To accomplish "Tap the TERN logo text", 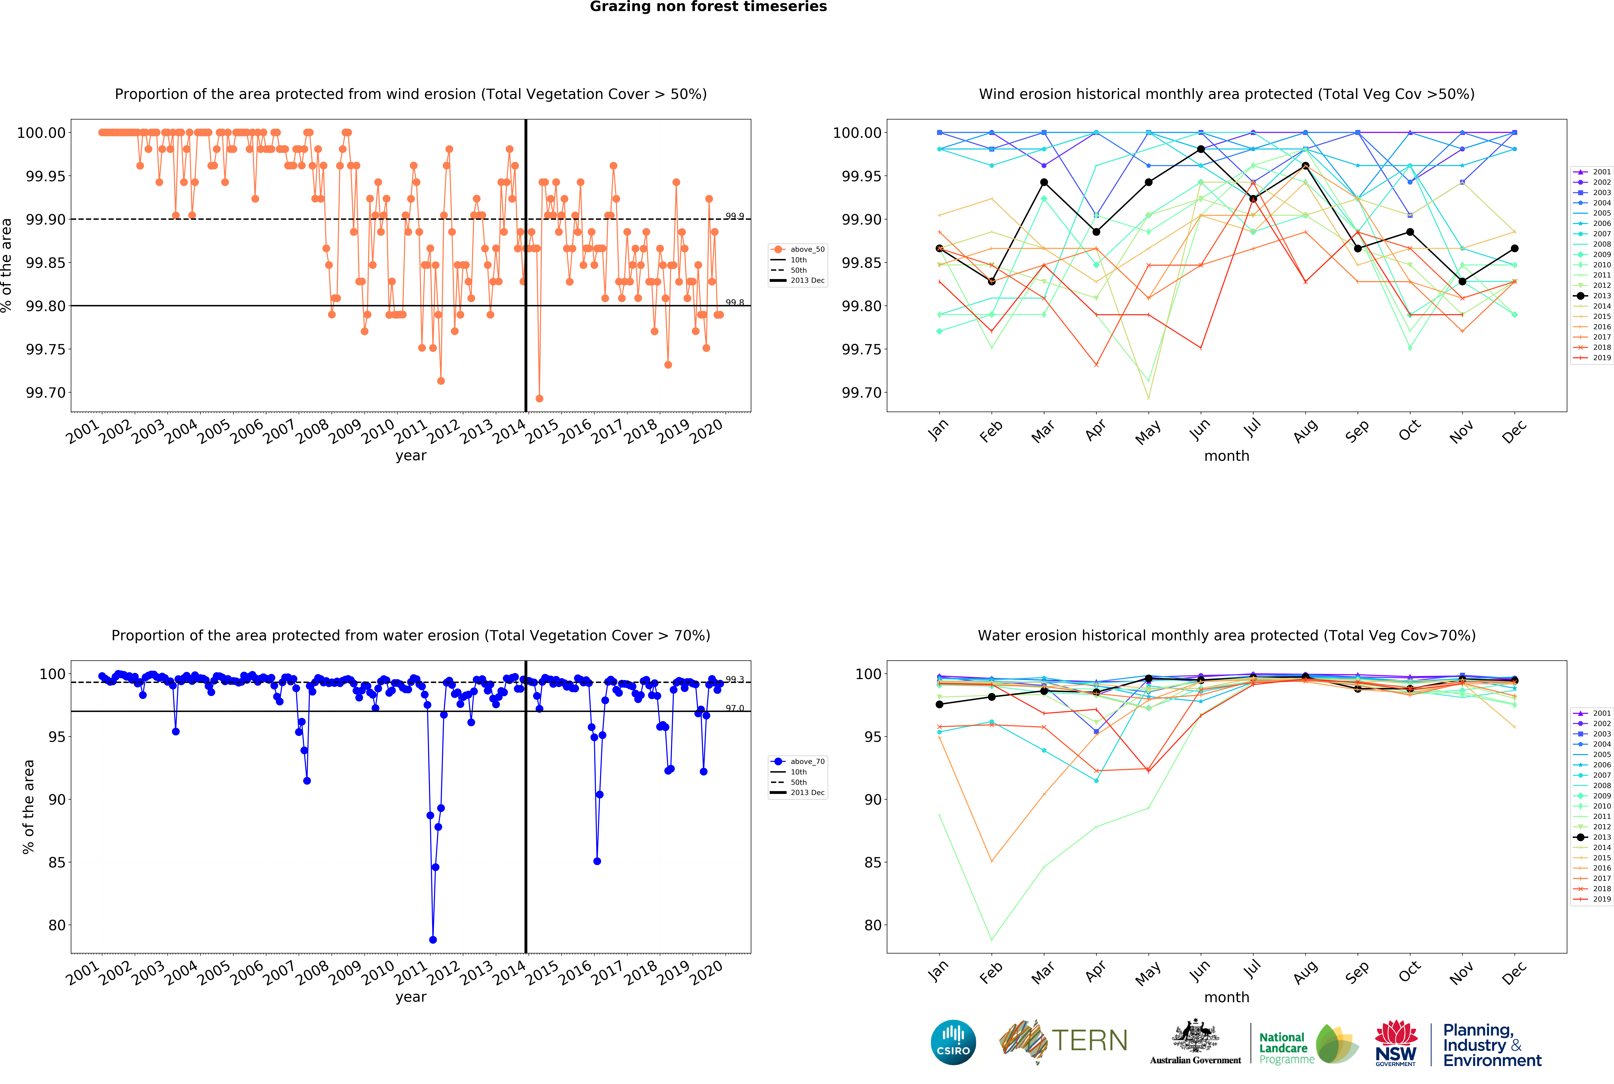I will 1089,1040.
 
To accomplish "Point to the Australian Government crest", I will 1195,1037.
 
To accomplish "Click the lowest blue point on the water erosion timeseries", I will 433,940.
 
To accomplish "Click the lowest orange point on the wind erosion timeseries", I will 539,398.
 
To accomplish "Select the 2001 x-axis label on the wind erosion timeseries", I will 83,432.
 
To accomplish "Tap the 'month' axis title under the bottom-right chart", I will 1226,997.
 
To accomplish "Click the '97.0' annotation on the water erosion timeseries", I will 734,708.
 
